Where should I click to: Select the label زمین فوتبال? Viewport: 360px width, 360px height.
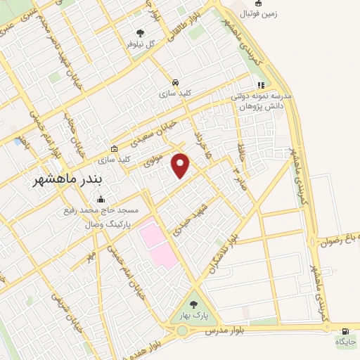239,13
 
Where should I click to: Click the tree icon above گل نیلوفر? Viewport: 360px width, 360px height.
140,32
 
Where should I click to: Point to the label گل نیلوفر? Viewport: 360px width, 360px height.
141,44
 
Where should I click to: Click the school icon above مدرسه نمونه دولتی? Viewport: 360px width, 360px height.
260,86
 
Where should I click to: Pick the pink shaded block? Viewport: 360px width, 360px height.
157,243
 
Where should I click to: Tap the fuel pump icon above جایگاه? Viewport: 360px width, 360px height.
345,330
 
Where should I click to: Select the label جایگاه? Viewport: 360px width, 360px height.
345,342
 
